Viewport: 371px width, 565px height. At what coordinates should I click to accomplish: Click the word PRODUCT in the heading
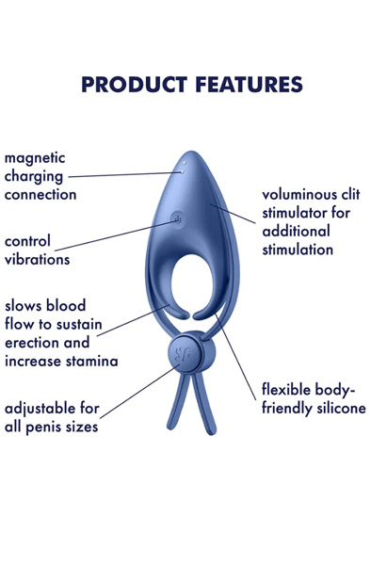(x=131, y=85)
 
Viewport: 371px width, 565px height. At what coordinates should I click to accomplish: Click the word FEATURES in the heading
(x=244, y=85)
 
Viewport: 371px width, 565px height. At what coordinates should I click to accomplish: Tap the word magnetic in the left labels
(x=36, y=157)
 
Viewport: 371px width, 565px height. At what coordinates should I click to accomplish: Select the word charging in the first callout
(x=33, y=176)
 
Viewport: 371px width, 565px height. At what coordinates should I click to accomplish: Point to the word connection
(x=39, y=194)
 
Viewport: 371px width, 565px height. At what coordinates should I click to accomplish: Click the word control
(x=28, y=240)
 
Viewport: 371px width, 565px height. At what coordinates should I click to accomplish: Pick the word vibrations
(x=37, y=258)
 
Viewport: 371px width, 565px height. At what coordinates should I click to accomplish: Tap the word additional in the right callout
(x=296, y=232)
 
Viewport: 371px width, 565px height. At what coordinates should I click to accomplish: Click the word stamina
(x=91, y=361)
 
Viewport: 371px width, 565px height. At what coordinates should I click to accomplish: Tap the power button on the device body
(x=178, y=222)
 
